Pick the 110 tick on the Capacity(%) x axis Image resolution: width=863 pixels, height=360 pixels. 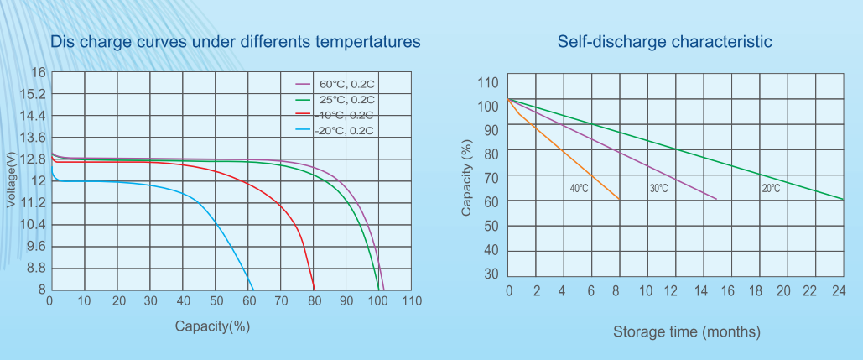[411, 301]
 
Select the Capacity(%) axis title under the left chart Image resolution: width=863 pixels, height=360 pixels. [212, 326]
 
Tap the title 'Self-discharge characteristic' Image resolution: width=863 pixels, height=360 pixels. [664, 41]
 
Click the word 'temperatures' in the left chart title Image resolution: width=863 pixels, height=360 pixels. [366, 41]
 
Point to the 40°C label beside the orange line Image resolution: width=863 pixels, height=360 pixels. [579, 189]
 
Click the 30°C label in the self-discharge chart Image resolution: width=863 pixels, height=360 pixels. [658, 189]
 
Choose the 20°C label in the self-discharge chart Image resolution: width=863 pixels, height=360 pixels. [771, 189]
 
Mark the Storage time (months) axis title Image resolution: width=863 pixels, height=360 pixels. [687, 331]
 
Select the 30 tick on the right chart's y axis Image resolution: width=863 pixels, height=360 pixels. [490, 274]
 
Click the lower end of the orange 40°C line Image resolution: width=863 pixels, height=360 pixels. [619, 199]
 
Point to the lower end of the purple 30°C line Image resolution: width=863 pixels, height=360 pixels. [716, 199]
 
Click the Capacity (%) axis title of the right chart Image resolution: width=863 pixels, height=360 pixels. [466, 179]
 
